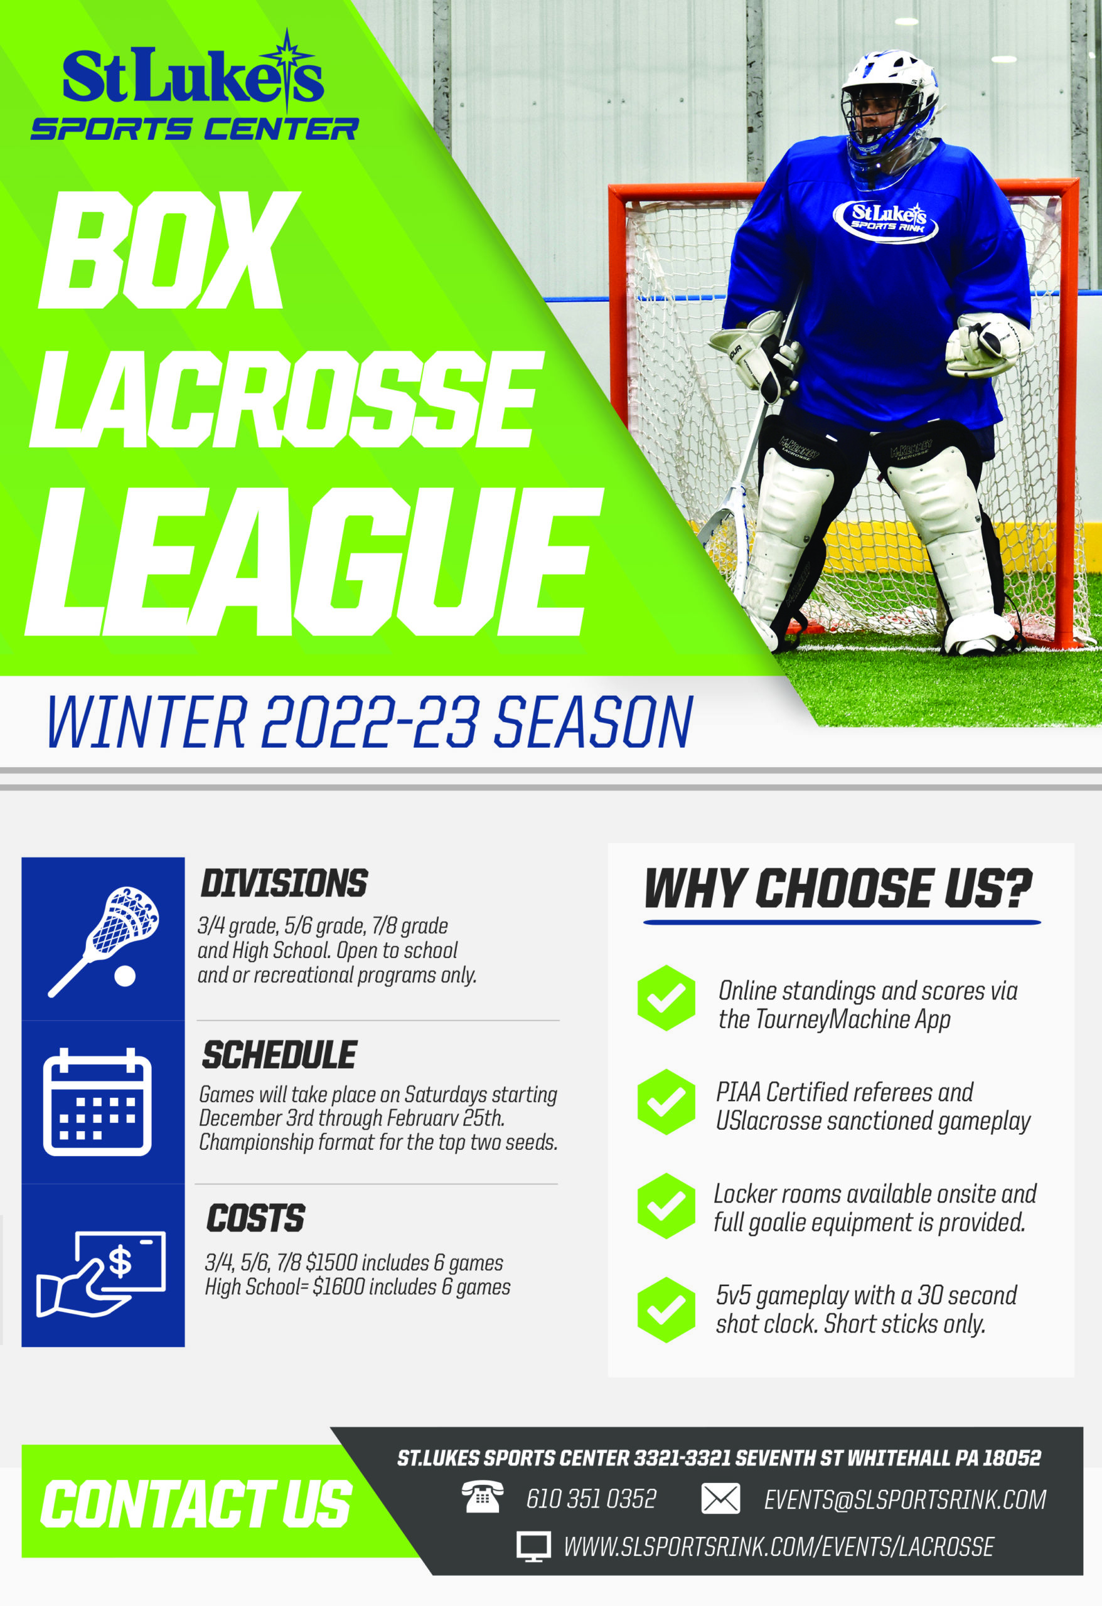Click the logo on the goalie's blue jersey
tap(885, 220)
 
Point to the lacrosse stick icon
tap(104, 940)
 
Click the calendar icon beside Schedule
tap(97, 1102)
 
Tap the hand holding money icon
tap(101, 1274)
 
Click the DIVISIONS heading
tap(284, 883)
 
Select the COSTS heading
tap(256, 1218)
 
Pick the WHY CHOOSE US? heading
tap(838, 888)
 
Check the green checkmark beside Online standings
tap(666, 998)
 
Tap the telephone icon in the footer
tap(483, 1498)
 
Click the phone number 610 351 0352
tap(591, 1499)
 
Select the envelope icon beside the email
tap(720, 1499)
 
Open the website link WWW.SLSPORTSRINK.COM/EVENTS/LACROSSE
tap(778, 1546)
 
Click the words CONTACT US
tap(196, 1504)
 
